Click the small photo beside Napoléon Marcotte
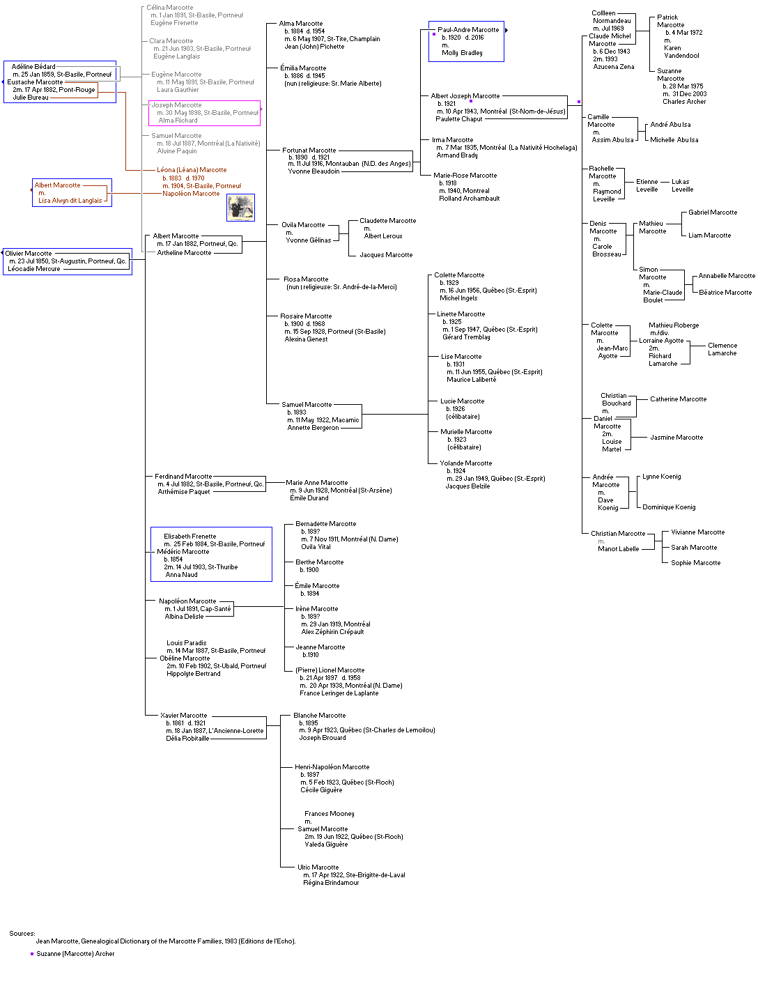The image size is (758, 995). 240,208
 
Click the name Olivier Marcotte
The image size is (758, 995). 29,254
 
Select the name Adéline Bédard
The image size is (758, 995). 33,67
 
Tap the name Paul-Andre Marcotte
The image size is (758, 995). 468,30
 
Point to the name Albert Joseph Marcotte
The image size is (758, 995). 465,96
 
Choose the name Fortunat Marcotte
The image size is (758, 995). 309,151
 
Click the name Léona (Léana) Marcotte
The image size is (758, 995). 192,170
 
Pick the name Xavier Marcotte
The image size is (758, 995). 183,716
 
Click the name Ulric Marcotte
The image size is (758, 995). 318,867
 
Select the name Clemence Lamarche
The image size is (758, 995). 722,349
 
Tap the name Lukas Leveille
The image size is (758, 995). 682,185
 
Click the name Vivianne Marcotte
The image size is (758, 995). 697,532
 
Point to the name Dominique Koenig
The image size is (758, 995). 669,507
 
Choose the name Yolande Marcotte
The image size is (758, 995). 465,463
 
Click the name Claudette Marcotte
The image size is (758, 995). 387,221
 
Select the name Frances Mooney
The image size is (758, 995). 329,814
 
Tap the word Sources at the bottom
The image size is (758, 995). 22,934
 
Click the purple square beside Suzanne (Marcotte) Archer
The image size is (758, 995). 32,954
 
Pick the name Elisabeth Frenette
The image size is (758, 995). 189,537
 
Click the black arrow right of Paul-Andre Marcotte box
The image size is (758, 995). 506,30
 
